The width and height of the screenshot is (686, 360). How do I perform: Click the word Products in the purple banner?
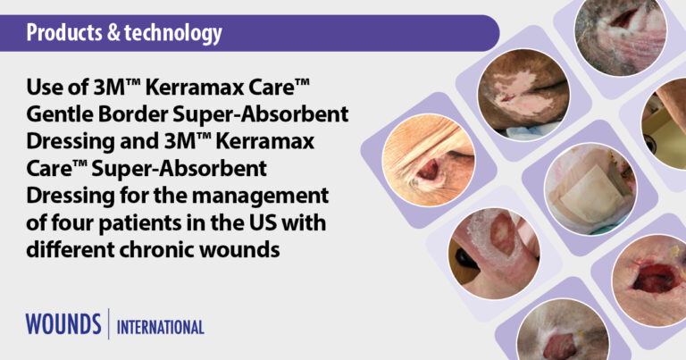point(64,33)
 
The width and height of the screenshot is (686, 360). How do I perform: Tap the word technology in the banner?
point(173,34)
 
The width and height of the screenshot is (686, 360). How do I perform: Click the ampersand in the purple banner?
point(113,33)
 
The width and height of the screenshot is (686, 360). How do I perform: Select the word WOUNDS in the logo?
point(63,324)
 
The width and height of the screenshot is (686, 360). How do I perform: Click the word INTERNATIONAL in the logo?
point(161,327)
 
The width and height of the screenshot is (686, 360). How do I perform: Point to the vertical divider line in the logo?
point(109,323)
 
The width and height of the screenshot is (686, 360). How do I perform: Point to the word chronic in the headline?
point(157,250)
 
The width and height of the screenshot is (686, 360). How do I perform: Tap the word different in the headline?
point(71,250)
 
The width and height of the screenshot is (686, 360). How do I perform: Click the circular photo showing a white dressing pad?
point(590,188)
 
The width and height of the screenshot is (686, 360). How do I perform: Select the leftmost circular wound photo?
point(429,160)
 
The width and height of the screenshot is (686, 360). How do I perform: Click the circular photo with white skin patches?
point(523,95)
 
